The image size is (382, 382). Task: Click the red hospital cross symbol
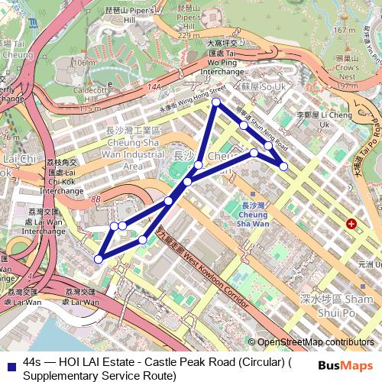(351, 224)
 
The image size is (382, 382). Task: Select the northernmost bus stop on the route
(216, 102)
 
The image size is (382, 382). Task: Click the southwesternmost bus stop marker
(98, 260)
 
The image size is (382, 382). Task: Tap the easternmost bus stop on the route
(283, 166)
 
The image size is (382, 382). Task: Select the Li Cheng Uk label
(312, 119)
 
